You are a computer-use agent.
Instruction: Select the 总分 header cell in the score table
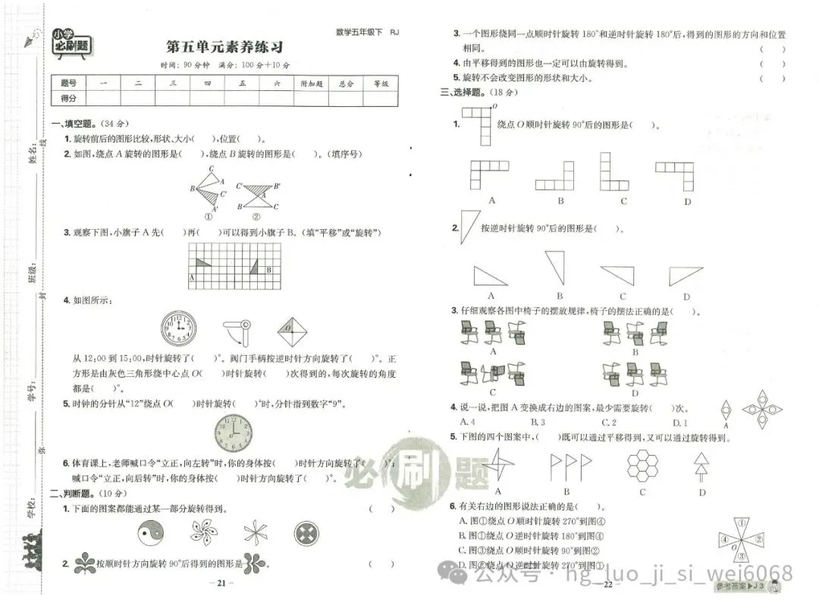pos(346,83)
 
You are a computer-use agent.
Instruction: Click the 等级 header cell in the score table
pos(380,83)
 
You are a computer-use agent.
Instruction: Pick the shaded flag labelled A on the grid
pos(201,263)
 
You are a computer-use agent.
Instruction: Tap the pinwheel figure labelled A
pos(497,463)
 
